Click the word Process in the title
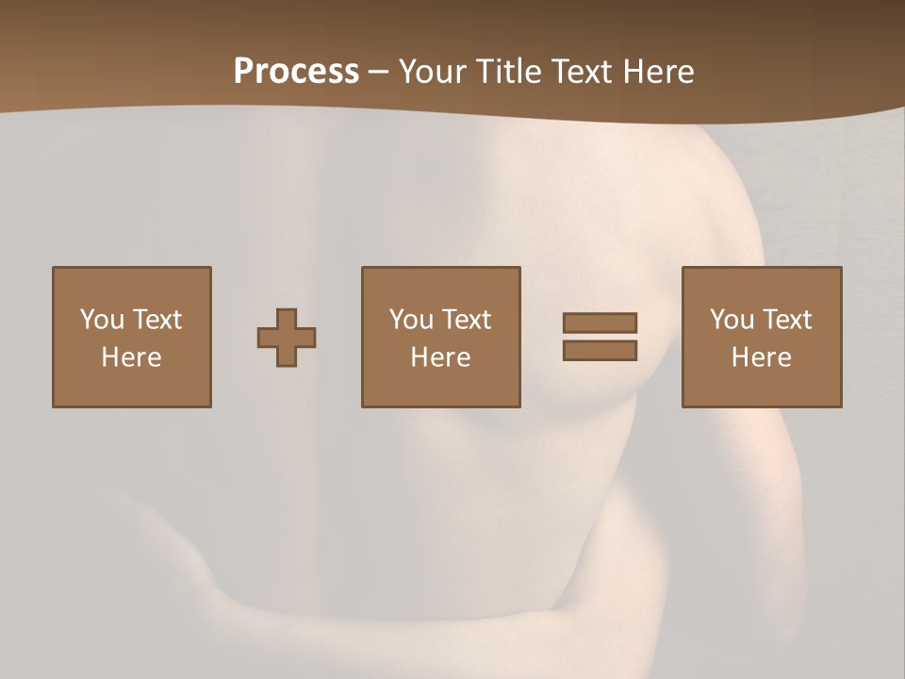(296, 72)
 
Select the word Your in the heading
(434, 72)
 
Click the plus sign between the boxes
(287, 338)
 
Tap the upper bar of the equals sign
(600, 323)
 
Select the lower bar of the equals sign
(600, 350)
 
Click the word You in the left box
(102, 320)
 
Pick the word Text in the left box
(156, 320)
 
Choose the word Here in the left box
(131, 357)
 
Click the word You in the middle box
(411, 320)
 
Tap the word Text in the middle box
(466, 320)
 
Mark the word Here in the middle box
(440, 357)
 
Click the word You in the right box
(732, 320)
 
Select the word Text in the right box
(786, 320)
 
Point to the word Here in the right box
(761, 357)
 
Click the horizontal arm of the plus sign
(268, 338)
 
